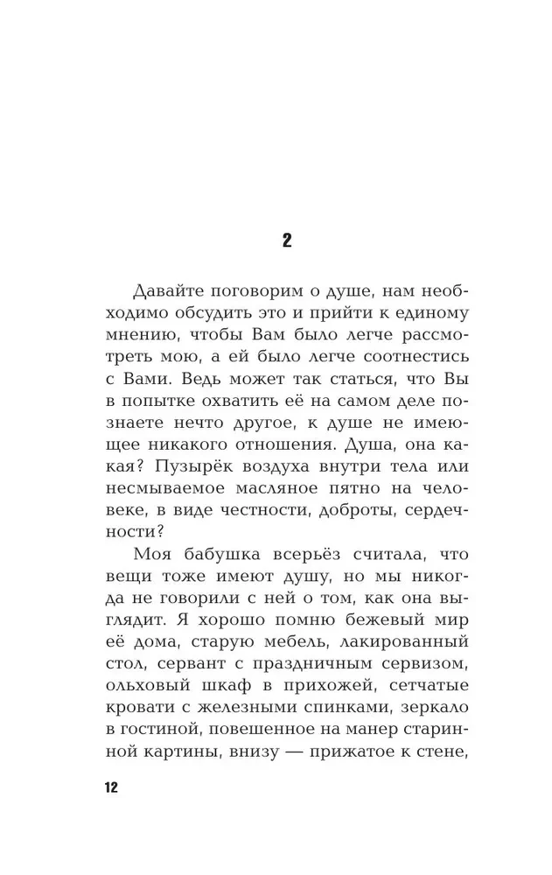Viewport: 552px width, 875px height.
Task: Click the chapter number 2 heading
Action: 287,241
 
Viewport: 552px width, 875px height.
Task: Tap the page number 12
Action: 110,787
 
